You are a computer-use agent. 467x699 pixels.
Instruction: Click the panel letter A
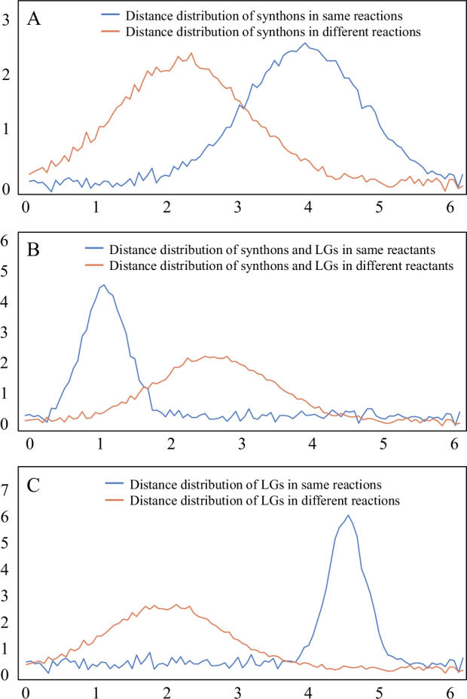tap(33, 20)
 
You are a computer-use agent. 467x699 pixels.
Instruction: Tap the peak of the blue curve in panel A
tap(304, 43)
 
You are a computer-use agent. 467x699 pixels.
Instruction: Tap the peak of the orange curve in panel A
tap(191, 53)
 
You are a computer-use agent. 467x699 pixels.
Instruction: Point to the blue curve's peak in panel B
tap(103, 285)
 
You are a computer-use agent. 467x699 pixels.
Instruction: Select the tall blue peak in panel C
tap(348, 515)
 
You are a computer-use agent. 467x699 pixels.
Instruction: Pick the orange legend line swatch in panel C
tap(114, 500)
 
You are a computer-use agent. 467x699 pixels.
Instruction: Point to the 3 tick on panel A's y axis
tap(6, 20)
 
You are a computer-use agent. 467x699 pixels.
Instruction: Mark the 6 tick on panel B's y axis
tap(6, 241)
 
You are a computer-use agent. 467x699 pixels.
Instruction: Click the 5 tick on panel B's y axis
tap(6, 271)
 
